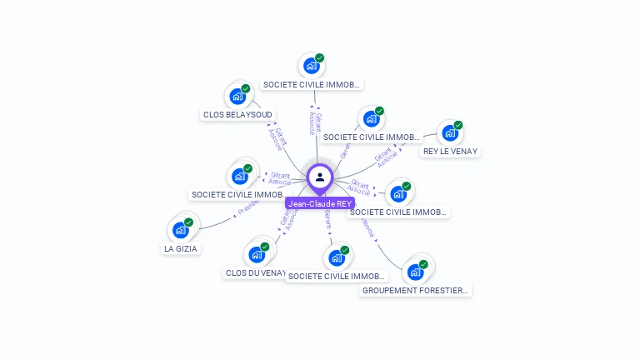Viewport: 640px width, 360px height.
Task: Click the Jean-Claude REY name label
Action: [x=320, y=203]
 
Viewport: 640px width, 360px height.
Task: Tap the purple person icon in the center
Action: [x=320, y=177]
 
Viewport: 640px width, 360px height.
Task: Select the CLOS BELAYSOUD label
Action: [x=237, y=115]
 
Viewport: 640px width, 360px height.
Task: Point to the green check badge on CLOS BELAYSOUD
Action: [x=246, y=88]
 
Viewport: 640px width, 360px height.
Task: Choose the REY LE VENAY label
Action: [x=450, y=152]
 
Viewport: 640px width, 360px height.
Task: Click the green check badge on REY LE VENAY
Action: [x=458, y=125]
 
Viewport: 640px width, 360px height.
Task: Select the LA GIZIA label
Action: [x=181, y=248]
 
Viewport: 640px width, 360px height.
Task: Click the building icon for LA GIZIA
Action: [x=180, y=230]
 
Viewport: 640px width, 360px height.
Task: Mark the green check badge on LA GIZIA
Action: [x=189, y=222]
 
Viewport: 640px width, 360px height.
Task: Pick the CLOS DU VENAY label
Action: [x=256, y=272]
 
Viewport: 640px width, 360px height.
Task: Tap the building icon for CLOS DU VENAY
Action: [x=256, y=254]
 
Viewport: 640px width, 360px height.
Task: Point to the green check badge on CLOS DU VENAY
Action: [x=265, y=247]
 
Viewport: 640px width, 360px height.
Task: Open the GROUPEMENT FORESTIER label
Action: [x=416, y=291]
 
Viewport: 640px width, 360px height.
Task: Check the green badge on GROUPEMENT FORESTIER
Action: [x=423, y=264]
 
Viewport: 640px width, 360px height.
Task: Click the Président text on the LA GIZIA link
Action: [x=248, y=207]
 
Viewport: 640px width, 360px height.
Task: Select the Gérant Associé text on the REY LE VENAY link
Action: [x=384, y=157]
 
